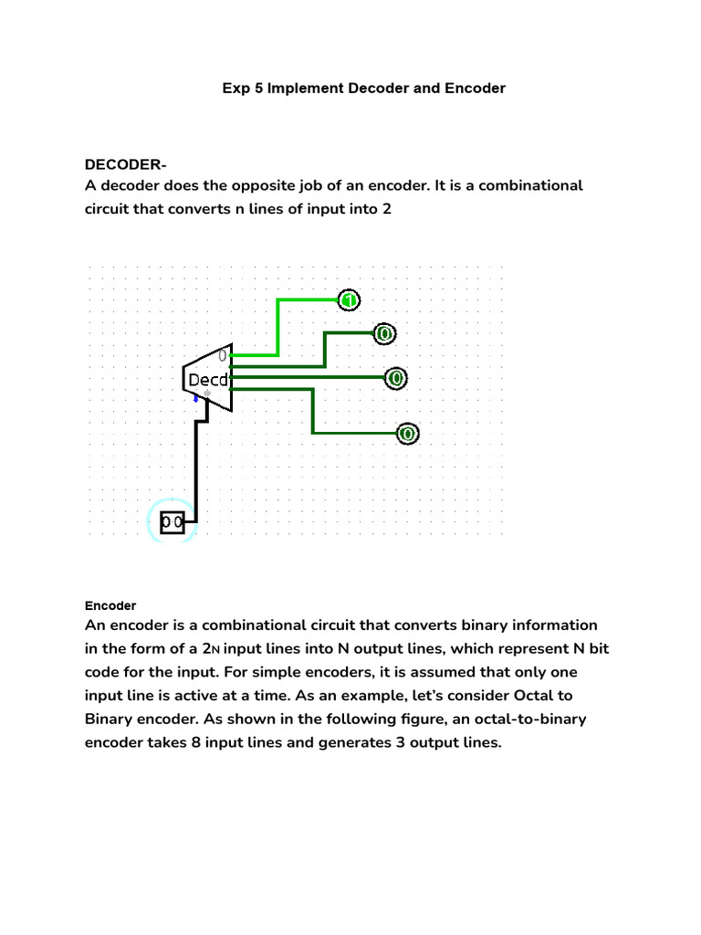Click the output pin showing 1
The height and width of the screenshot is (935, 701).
pyautogui.click(x=350, y=299)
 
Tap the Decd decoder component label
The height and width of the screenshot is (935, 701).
pyautogui.click(x=208, y=379)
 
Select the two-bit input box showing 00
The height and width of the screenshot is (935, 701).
pyautogui.click(x=172, y=522)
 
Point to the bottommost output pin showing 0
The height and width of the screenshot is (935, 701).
pyautogui.click(x=407, y=433)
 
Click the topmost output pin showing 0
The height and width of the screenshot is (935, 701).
pyautogui.click(x=383, y=334)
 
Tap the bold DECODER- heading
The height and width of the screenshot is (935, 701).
pyautogui.click(x=126, y=164)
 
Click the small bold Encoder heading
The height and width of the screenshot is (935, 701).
pyautogui.click(x=110, y=605)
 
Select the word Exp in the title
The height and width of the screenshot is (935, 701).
pyautogui.click(x=235, y=89)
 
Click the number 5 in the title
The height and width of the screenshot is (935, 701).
pyautogui.click(x=258, y=89)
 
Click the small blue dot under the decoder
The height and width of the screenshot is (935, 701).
pyautogui.click(x=195, y=398)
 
